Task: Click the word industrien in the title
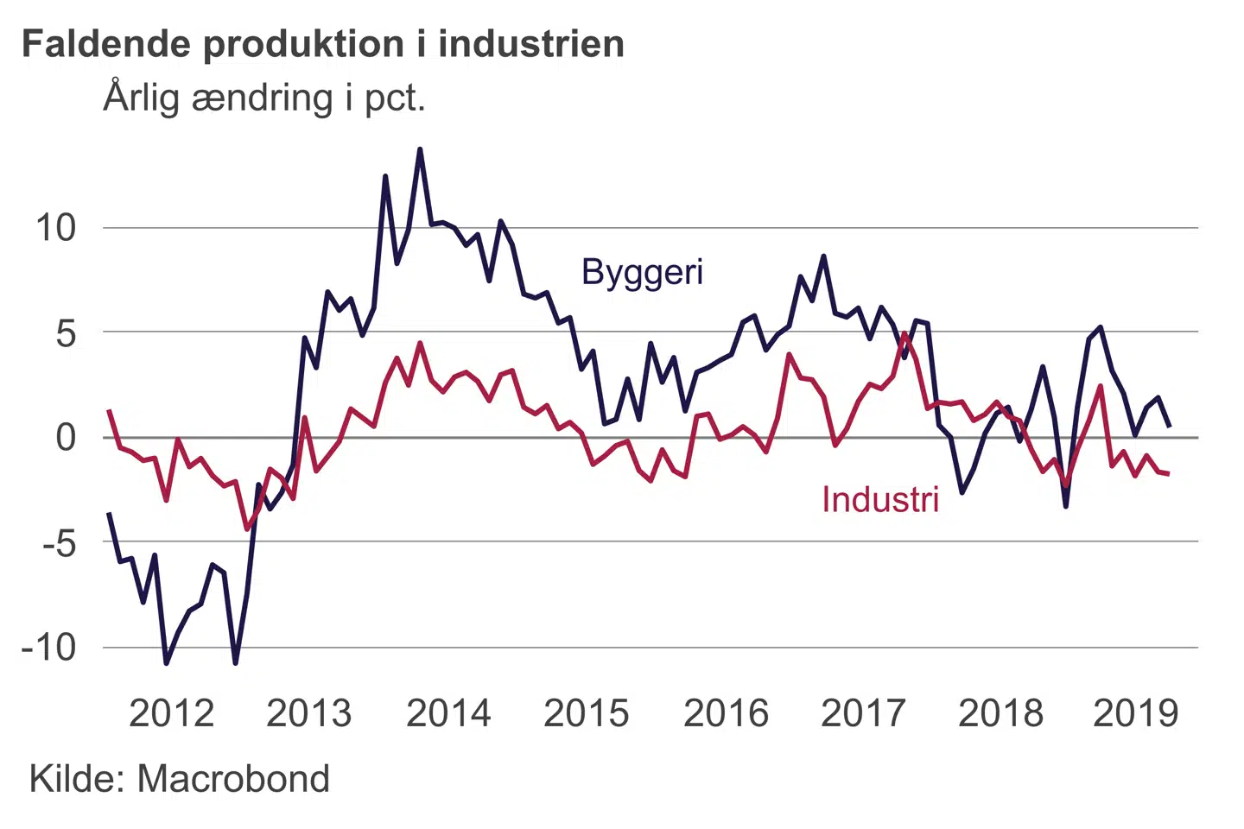(531, 45)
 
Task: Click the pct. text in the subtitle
(395, 98)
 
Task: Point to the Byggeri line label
(642, 272)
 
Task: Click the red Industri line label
(879, 500)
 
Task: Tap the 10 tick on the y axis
(55, 229)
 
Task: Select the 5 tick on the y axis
(66, 334)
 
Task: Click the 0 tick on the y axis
(66, 438)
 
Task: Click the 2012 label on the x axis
(171, 714)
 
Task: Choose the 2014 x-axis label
(448, 714)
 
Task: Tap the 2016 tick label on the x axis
(726, 714)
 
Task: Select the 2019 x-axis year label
(1135, 714)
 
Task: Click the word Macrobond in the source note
(233, 779)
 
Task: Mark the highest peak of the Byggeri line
(420, 149)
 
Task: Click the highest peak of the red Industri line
(904, 333)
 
